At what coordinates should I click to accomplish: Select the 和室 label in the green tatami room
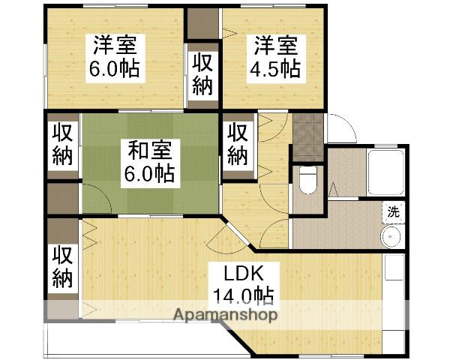[x=149, y=151]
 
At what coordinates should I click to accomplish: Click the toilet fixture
[x=307, y=178]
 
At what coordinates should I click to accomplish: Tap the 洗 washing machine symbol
[x=392, y=212]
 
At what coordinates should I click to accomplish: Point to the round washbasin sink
[x=391, y=238]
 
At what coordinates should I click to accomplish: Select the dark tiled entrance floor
[x=307, y=135]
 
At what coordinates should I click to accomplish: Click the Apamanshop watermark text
[x=225, y=315]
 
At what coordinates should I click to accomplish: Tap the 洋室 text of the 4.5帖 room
[x=274, y=45]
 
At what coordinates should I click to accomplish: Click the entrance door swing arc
[x=339, y=127]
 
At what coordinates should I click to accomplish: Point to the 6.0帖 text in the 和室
[x=149, y=174]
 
